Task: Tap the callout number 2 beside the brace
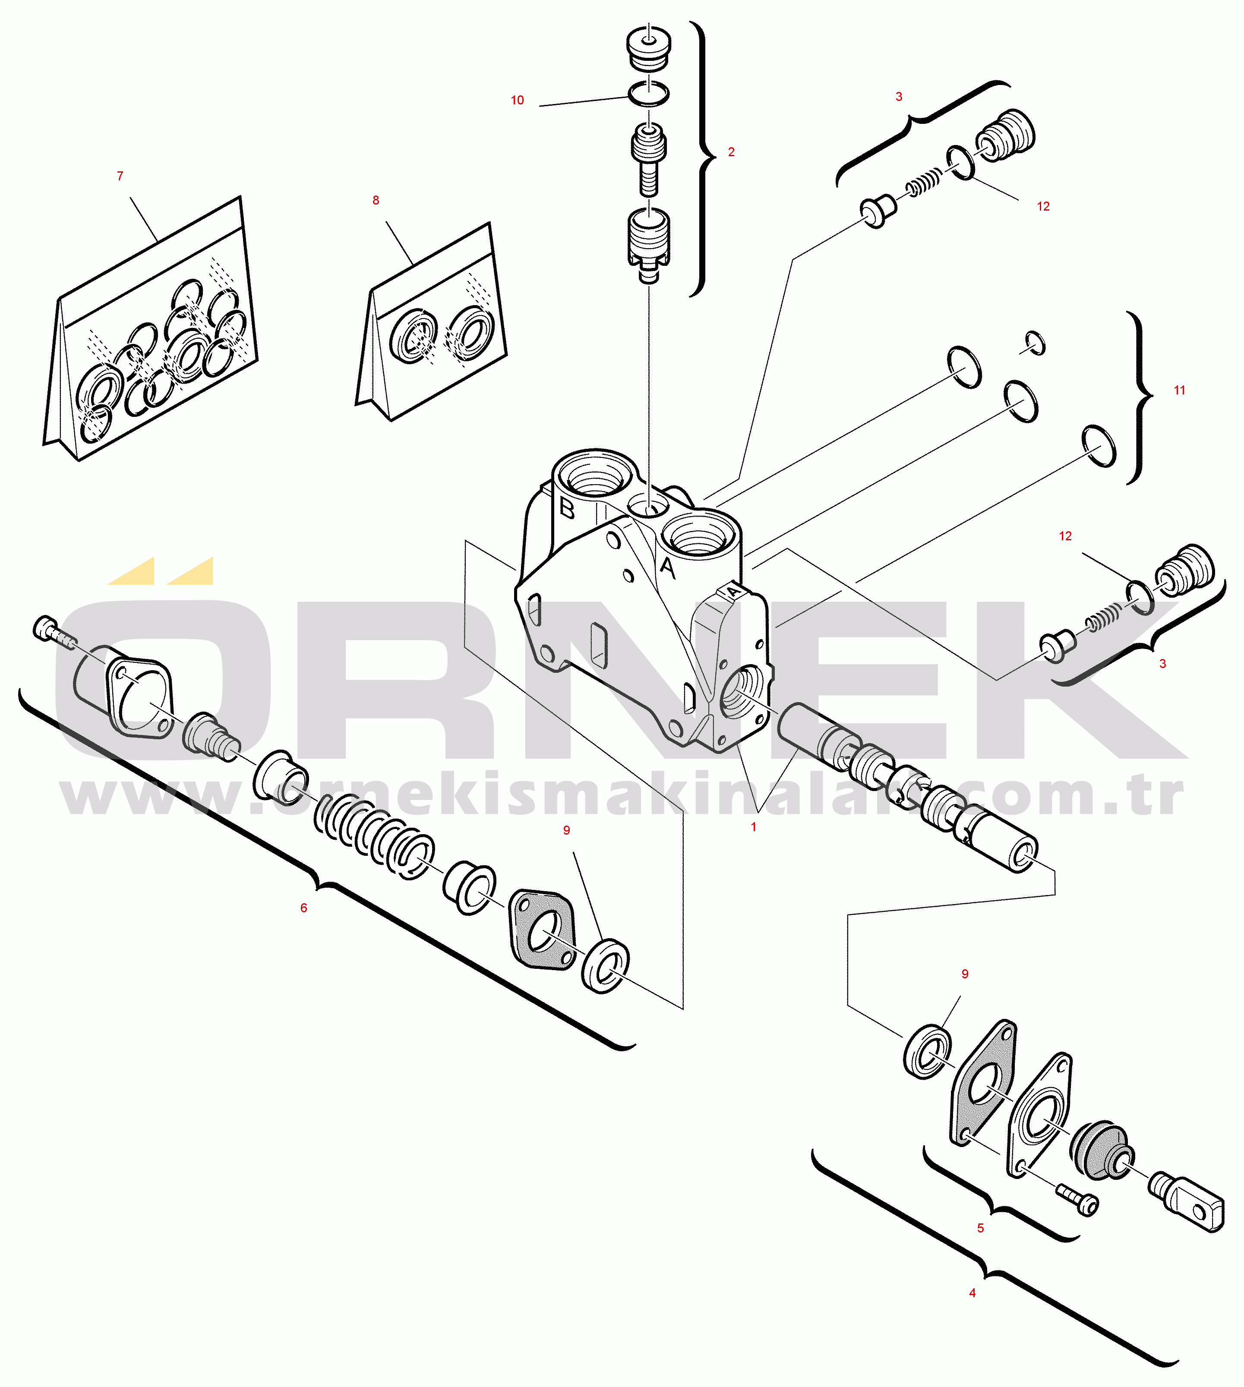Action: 731,151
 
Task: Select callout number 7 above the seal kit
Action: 120,176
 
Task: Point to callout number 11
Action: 1179,390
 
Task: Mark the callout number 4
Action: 972,1293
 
